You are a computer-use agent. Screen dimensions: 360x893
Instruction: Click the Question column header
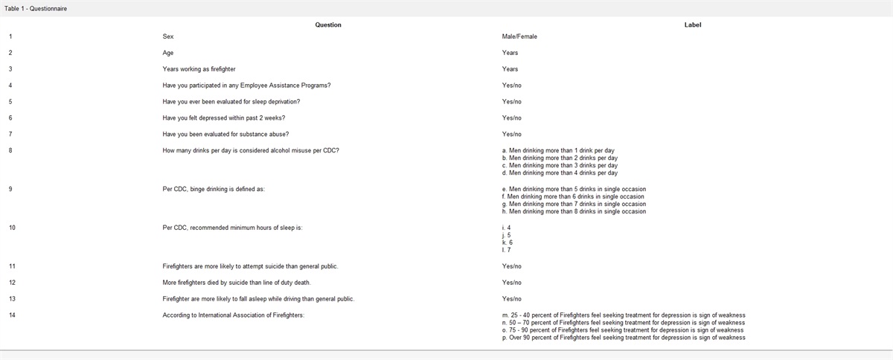[328, 25]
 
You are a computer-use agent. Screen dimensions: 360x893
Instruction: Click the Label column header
[692, 25]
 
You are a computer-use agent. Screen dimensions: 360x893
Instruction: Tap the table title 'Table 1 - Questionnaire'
[36, 7]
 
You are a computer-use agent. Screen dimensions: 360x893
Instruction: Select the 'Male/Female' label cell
[519, 36]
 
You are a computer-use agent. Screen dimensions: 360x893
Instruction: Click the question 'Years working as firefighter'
[199, 69]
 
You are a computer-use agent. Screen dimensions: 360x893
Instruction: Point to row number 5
[10, 101]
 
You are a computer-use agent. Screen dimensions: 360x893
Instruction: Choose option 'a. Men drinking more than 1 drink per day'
[558, 150]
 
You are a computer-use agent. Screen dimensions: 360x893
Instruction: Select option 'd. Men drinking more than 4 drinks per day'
[560, 173]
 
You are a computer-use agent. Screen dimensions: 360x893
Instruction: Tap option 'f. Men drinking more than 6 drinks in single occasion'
[574, 196]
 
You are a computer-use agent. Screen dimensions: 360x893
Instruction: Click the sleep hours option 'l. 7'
[507, 250]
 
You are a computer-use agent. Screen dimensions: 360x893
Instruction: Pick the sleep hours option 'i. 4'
[507, 228]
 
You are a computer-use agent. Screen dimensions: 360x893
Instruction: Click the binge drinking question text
[214, 189]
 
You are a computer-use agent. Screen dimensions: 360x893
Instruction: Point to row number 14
[12, 315]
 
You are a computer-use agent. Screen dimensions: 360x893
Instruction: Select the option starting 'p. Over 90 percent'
[624, 338]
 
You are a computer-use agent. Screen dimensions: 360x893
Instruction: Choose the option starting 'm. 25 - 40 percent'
[624, 315]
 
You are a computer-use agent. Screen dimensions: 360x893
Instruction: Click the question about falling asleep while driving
[258, 299]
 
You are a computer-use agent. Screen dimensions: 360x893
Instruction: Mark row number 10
[12, 228]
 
